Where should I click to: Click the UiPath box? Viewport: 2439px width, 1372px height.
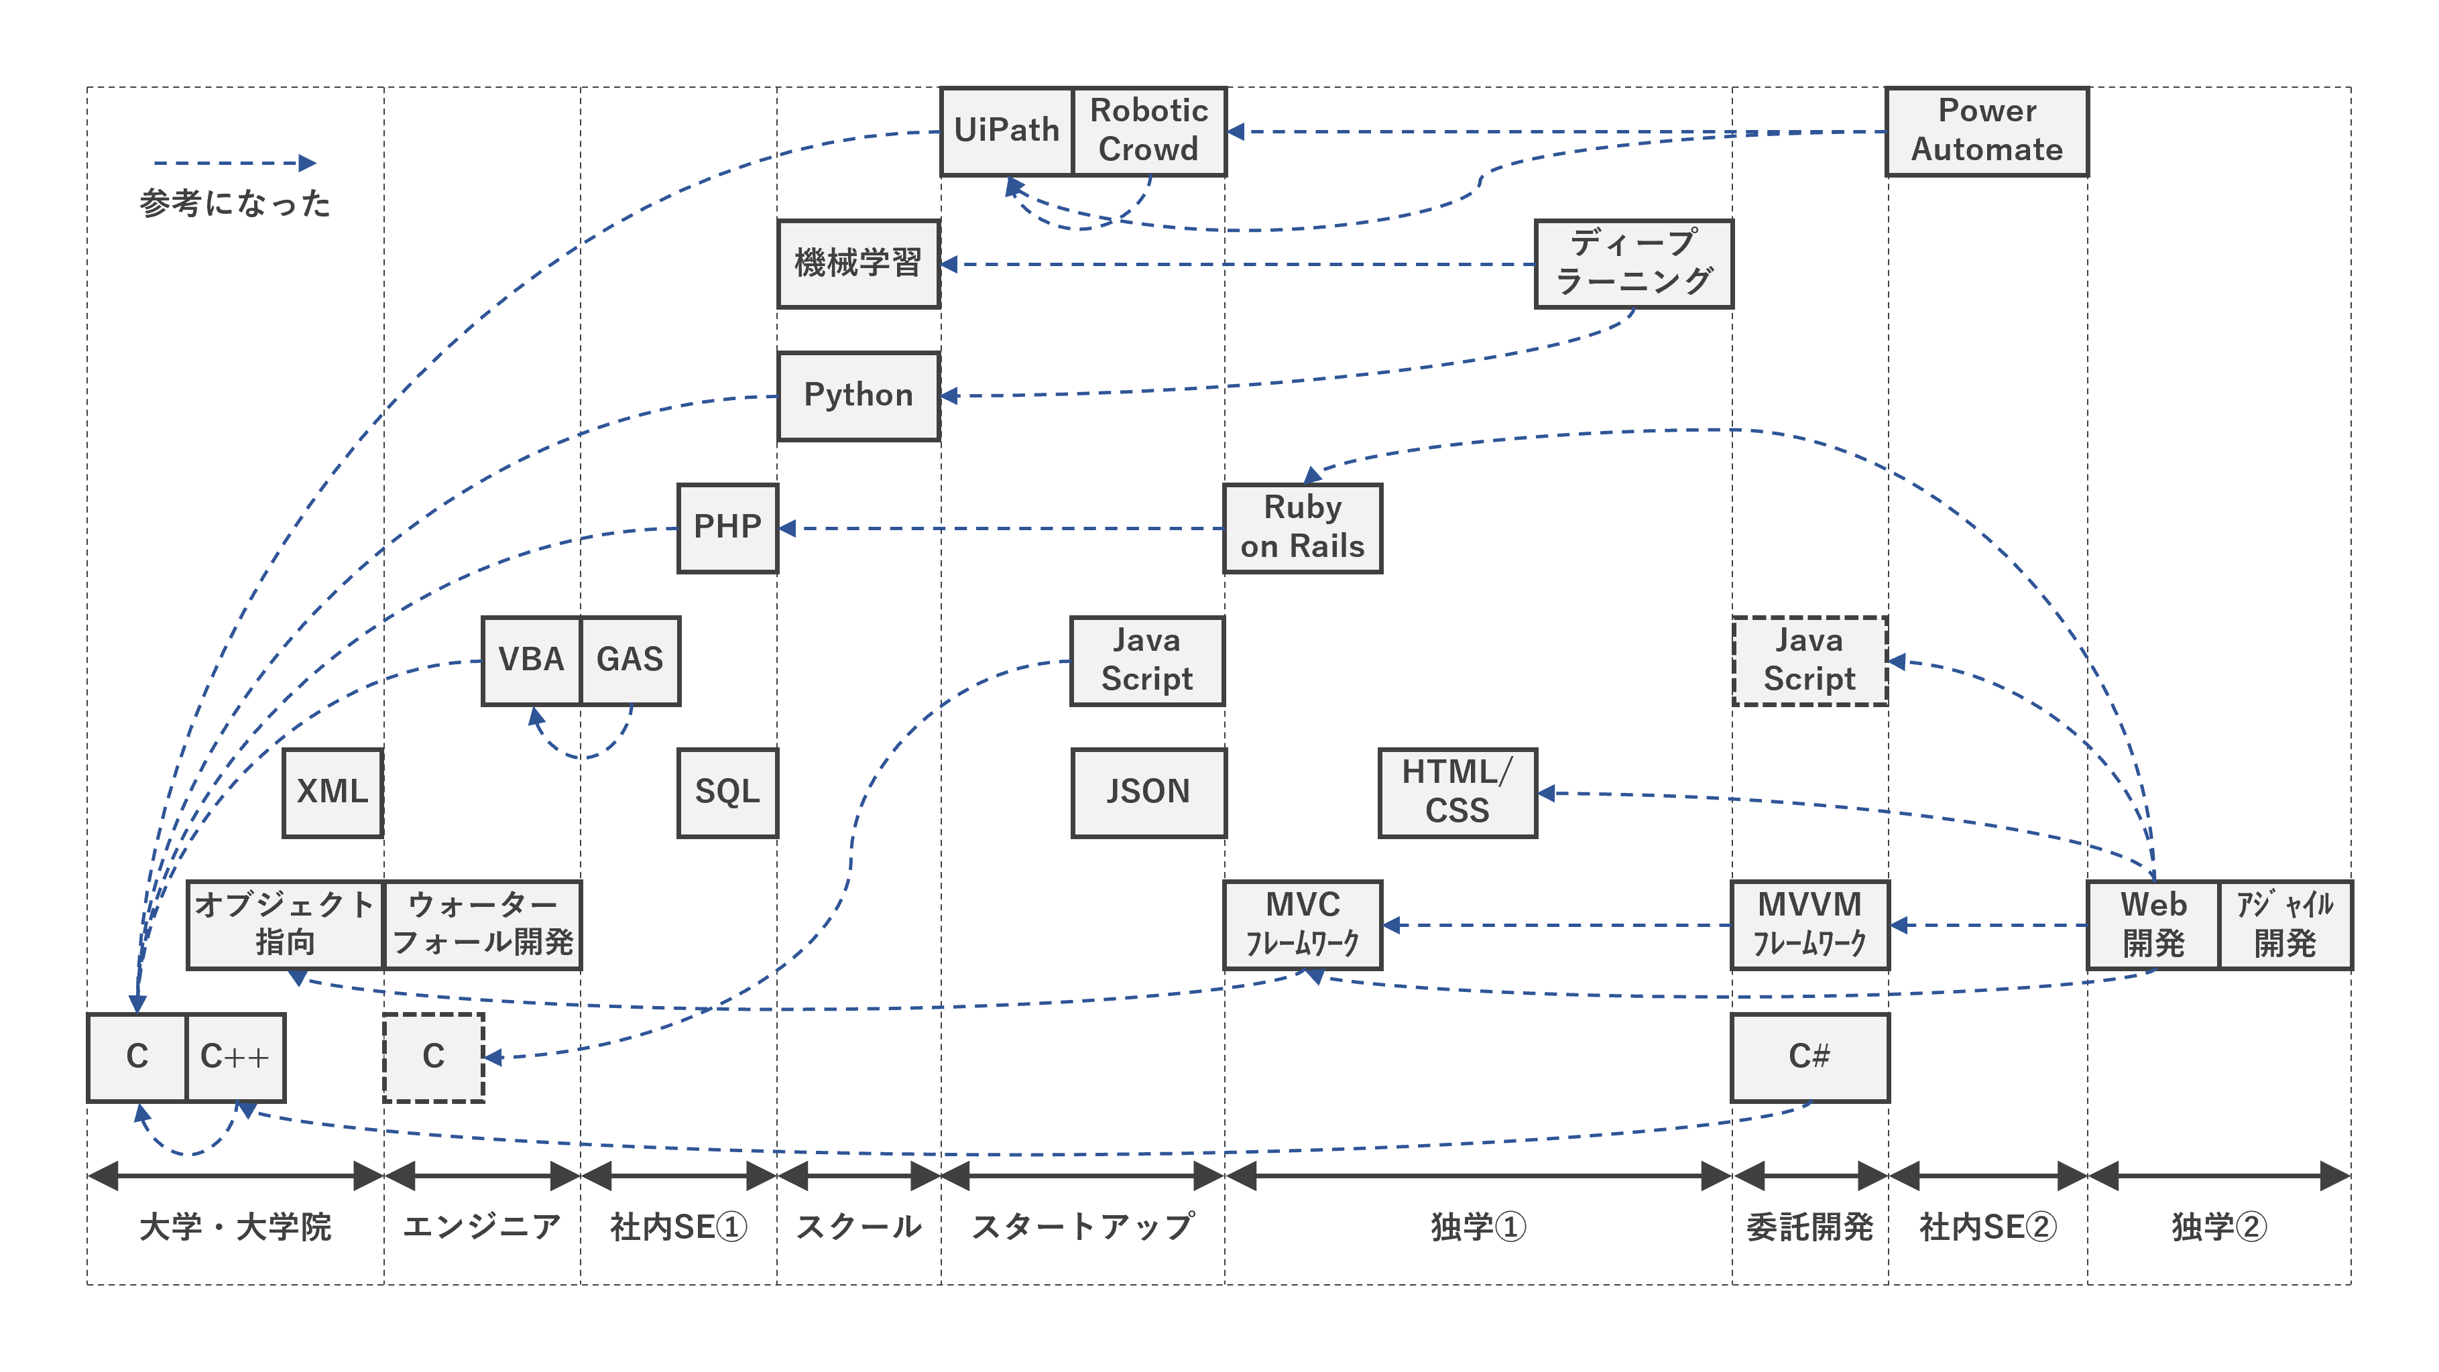coord(1006,131)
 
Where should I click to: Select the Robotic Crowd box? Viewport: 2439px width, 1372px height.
coord(1148,131)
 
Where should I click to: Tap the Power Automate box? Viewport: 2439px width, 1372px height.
coord(1986,131)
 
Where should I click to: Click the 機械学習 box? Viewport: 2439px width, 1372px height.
coord(858,263)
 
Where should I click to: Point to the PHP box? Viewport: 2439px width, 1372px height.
coord(727,527)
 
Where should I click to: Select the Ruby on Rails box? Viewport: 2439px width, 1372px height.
coord(1302,527)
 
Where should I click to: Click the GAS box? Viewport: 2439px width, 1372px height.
coord(630,660)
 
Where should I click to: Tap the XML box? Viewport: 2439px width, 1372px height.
coord(333,792)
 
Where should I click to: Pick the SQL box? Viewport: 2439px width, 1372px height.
coord(727,792)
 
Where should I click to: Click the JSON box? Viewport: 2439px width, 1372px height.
coord(1148,792)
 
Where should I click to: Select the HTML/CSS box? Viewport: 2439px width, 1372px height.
coord(1457,792)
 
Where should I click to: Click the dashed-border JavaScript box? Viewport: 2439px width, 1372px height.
coord(1809,660)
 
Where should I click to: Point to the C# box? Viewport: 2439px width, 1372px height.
coord(1809,1057)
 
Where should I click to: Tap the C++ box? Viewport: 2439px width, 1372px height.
coord(235,1057)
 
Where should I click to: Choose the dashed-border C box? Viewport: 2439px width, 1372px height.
coord(434,1057)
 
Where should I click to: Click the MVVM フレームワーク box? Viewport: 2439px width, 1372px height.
coord(1809,924)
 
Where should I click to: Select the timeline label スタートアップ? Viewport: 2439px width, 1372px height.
coord(1082,1227)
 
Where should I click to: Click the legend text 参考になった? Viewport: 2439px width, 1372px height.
coord(235,204)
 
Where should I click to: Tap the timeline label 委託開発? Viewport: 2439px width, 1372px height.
coord(1809,1227)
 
